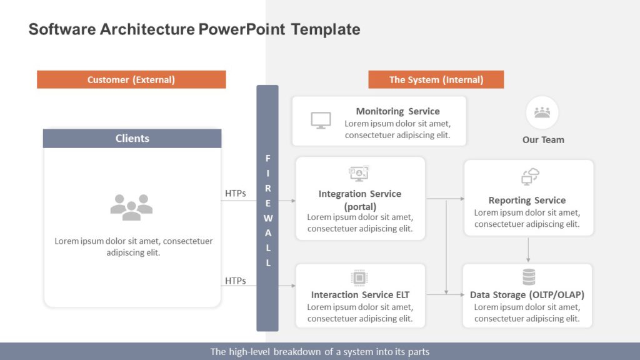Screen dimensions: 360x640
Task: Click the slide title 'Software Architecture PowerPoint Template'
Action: point(194,29)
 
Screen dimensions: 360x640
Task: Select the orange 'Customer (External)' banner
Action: point(131,79)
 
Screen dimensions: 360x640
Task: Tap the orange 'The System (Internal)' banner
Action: point(436,79)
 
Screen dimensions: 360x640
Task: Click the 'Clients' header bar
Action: point(132,138)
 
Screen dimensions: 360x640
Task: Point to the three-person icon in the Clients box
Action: point(131,207)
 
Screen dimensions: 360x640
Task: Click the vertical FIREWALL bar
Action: point(267,208)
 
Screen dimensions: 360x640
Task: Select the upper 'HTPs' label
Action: point(235,194)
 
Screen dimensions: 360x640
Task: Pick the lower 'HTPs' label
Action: point(235,281)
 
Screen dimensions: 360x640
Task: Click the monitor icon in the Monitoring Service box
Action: point(321,120)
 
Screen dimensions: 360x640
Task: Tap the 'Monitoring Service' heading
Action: point(397,111)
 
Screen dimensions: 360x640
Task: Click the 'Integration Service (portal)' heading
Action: point(360,200)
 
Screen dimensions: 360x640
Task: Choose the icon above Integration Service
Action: point(359,173)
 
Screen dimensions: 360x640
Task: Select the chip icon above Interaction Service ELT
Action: point(359,277)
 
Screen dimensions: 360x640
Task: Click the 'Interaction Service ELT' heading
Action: point(360,294)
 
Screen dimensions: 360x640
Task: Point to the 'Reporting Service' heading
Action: point(527,200)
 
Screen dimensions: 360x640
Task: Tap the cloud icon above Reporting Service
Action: point(530,177)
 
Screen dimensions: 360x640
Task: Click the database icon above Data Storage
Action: point(529,277)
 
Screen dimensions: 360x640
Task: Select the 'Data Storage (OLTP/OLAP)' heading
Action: point(527,294)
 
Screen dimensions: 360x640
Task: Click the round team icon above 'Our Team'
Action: point(542,112)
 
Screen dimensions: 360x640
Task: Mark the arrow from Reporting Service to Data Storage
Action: point(528,250)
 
